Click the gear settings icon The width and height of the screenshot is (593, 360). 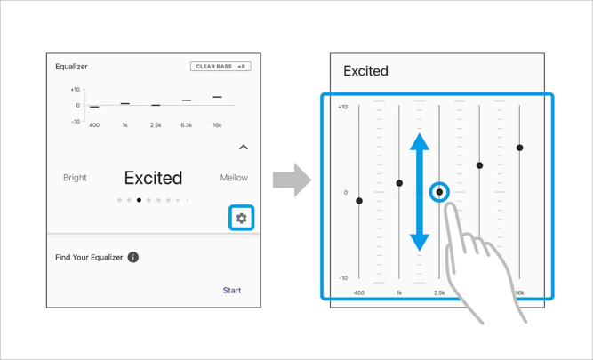tap(241, 218)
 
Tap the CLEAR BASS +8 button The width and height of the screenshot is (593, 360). tap(220, 67)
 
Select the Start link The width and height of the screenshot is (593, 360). tap(232, 291)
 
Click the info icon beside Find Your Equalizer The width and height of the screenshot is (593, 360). tap(133, 257)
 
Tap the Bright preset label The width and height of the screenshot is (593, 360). tap(75, 178)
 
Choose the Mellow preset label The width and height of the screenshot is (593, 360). tap(234, 178)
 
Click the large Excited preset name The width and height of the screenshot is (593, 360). tap(153, 178)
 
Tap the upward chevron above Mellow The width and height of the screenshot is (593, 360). tap(244, 147)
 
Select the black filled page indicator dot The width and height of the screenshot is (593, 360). tap(140, 200)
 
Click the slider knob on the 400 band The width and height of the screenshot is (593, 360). tap(359, 201)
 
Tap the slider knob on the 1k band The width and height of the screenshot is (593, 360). tap(399, 183)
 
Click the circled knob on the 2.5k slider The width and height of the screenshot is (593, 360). tap(439, 192)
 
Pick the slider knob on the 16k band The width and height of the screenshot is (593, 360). tap(519, 148)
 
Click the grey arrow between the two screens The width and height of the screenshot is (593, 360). tap(292, 180)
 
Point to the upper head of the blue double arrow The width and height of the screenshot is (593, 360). tap(420, 141)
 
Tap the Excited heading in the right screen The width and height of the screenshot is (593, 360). tap(365, 71)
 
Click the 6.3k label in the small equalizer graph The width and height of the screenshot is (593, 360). tap(187, 125)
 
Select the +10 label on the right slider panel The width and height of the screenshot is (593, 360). tap(342, 107)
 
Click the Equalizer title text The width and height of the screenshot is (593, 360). tap(71, 67)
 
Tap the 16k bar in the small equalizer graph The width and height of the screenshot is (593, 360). tap(217, 97)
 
